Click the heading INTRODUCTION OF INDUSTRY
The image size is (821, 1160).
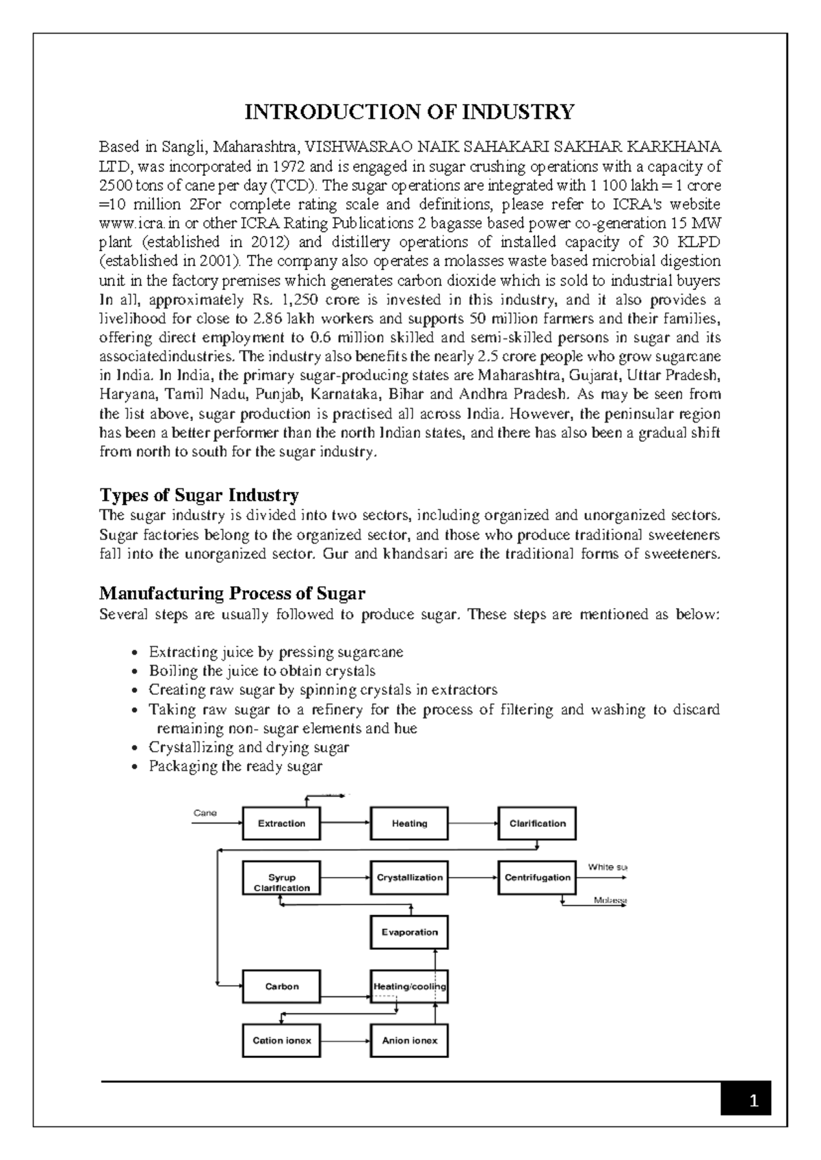410,111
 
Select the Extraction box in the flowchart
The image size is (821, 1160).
281,823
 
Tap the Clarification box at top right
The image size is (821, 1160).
537,823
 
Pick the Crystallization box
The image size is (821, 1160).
409,878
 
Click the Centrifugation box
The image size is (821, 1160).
537,878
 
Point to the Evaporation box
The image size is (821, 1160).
409,932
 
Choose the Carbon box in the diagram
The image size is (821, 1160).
281,986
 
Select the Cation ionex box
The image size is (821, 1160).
281,1040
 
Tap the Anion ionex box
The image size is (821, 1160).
409,1040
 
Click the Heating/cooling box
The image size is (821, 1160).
409,986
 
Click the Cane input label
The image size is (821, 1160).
205,813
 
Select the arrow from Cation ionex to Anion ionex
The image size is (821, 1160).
346,1041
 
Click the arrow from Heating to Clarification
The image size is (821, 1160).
473,823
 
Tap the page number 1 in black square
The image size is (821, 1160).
753,1101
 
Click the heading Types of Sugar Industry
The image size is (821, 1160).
199,495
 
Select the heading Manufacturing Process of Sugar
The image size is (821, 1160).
232,592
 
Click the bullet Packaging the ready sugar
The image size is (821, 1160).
235,766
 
